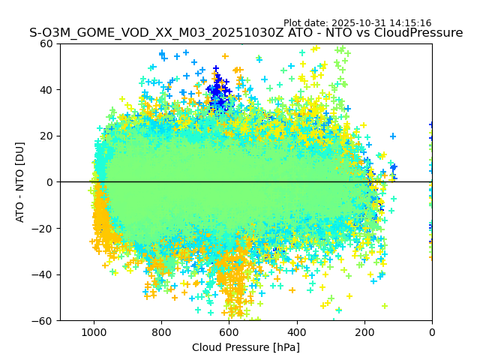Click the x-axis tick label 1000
[94, 331]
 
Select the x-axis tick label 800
[161, 331]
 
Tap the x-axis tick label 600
[229, 331]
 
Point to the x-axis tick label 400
[297, 331]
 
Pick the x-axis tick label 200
[364, 331]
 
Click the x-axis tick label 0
[432, 331]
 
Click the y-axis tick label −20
[44, 228]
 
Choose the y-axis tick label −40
[44, 274]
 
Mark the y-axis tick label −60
[44, 320]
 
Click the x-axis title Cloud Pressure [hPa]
[246, 347]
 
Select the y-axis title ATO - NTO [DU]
[21, 182]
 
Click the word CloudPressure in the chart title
[417, 33]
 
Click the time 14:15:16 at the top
[410, 23]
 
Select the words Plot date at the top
[304, 23]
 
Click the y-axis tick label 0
[50, 182]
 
